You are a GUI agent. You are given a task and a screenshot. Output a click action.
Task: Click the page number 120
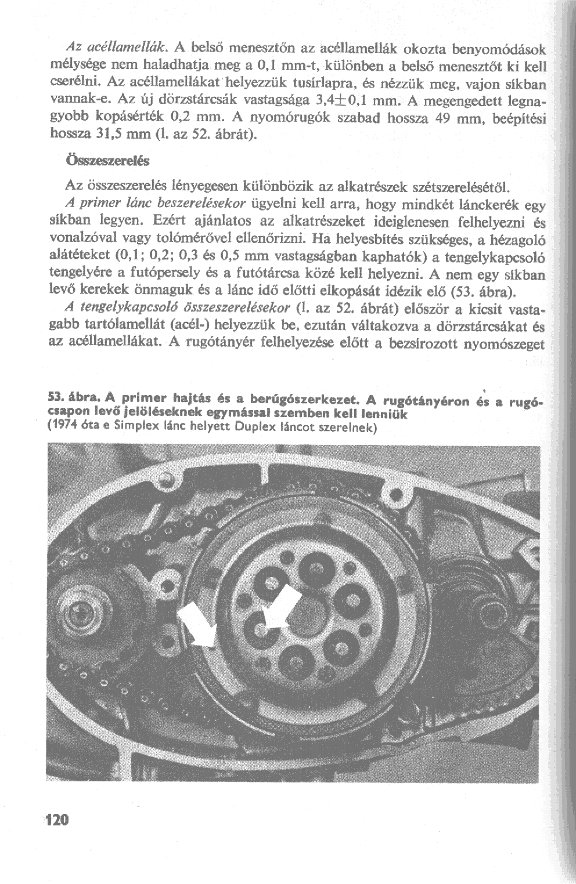57,820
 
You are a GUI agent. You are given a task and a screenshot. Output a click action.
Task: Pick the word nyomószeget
507,345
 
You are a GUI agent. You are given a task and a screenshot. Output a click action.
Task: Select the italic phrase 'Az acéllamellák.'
113,45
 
